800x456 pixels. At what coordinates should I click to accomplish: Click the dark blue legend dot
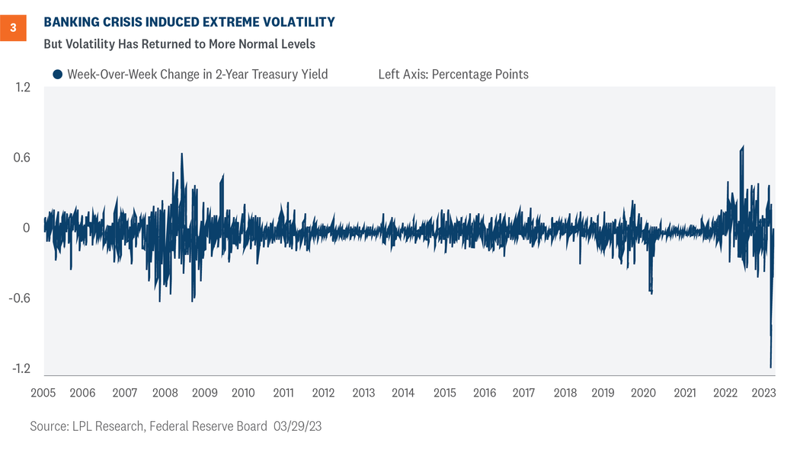(57, 75)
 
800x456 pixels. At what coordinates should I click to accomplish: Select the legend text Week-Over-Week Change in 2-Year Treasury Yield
(197, 75)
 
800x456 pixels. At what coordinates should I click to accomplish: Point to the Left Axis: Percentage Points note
(453, 75)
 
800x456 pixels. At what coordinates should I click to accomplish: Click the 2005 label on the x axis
(43, 394)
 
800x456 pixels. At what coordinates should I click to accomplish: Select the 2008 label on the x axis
(165, 394)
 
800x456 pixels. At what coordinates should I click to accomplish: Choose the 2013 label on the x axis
(363, 394)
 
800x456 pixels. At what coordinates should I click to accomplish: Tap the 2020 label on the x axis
(644, 394)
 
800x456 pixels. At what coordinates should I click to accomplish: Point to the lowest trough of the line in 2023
(770, 368)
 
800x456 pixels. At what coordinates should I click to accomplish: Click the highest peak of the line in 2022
(743, 146)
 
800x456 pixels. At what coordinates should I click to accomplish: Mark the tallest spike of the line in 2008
(181, 153)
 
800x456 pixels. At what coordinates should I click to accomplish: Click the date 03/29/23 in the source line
(298, 427)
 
